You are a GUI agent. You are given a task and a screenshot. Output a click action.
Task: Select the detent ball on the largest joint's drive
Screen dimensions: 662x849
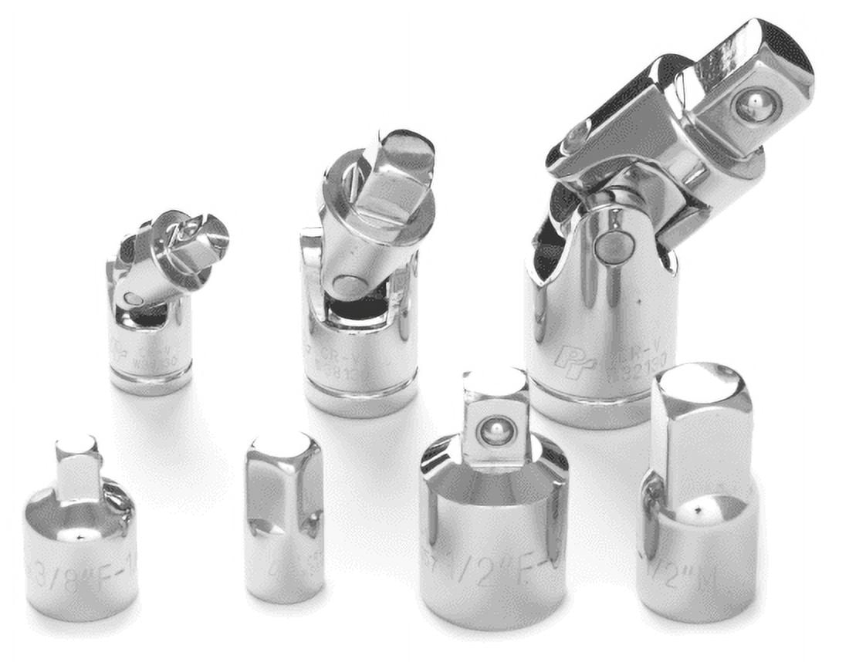758,105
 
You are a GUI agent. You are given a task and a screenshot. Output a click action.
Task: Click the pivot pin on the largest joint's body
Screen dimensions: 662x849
614,245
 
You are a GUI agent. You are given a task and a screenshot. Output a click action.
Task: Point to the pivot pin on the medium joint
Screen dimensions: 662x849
349,287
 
